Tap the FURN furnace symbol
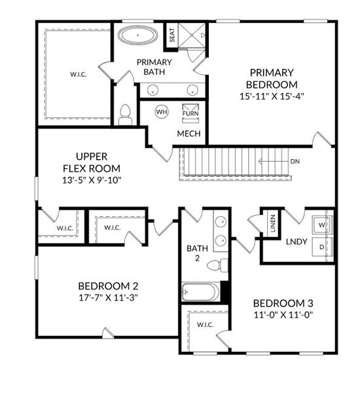[190, 111]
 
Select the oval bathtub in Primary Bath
[137, 35]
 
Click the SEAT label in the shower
[171, 35]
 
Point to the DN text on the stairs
[295, 160]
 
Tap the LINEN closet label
[272, 223]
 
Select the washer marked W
[321, 225]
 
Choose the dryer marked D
[321, 248]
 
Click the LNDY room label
[297, 242]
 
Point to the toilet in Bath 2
[217, 265]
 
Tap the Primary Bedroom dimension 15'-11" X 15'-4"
[272, 96]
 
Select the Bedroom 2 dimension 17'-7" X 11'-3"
[108, 297]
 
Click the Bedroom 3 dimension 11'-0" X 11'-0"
[283, 314]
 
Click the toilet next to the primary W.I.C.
[126, 115]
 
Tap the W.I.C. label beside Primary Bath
[79, 74]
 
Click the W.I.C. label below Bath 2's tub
[206, 325]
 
